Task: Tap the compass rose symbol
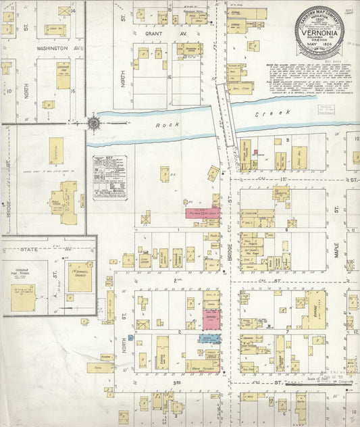pos(92,123)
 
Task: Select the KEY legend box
pos(110,178)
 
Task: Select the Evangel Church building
pos(80,276)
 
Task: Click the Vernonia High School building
pos(23,296)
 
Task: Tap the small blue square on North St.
pos(130,336)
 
